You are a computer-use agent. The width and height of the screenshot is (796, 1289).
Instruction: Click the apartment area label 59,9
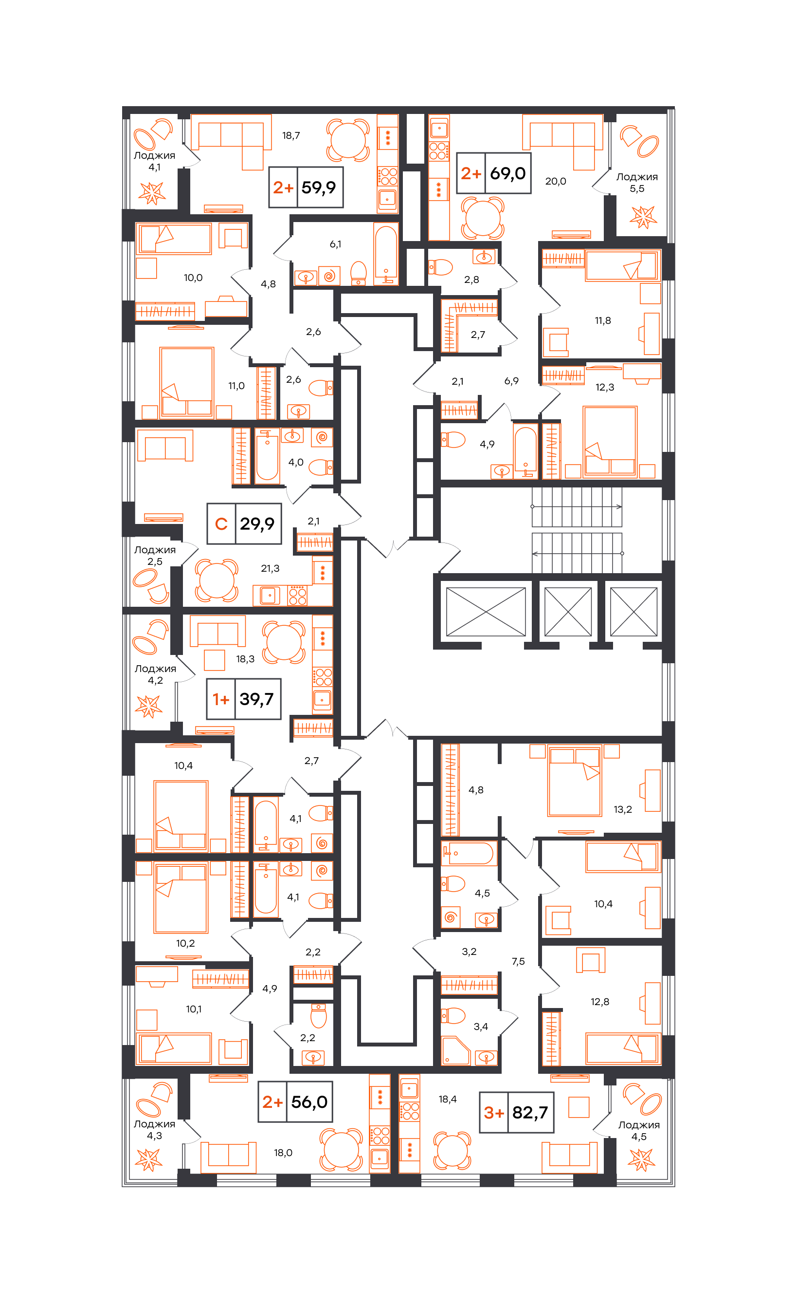pos(319,187)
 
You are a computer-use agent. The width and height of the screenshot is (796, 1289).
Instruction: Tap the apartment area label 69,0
pos(507,173)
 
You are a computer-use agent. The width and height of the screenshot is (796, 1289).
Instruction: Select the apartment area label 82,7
pos(530,1112)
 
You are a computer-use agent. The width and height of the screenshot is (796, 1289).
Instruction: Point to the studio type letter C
pos(221,523)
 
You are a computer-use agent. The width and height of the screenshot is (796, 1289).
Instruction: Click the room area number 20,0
pos(556,181)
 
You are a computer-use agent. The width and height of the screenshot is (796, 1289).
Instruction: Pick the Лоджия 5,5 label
pos(637,182)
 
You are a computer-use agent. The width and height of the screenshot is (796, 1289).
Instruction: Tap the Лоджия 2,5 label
pos(155,555)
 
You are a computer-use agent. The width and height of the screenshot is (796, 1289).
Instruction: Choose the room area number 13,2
pos(622,809)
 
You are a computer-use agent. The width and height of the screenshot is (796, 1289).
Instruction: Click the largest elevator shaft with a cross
pos(486,612)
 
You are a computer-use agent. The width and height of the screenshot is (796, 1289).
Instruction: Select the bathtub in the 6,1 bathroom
pos(386,254)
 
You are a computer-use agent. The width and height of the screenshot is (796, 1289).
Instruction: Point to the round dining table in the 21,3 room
pos(216,580)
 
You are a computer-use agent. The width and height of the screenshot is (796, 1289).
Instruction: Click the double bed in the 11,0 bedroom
pos(187,382)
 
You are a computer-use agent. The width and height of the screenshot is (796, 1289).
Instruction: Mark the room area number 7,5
pos(518,961)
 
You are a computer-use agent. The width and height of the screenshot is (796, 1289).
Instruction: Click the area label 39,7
pos(256,699)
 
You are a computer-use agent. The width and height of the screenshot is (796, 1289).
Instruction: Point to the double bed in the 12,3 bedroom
pos(610,441)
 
